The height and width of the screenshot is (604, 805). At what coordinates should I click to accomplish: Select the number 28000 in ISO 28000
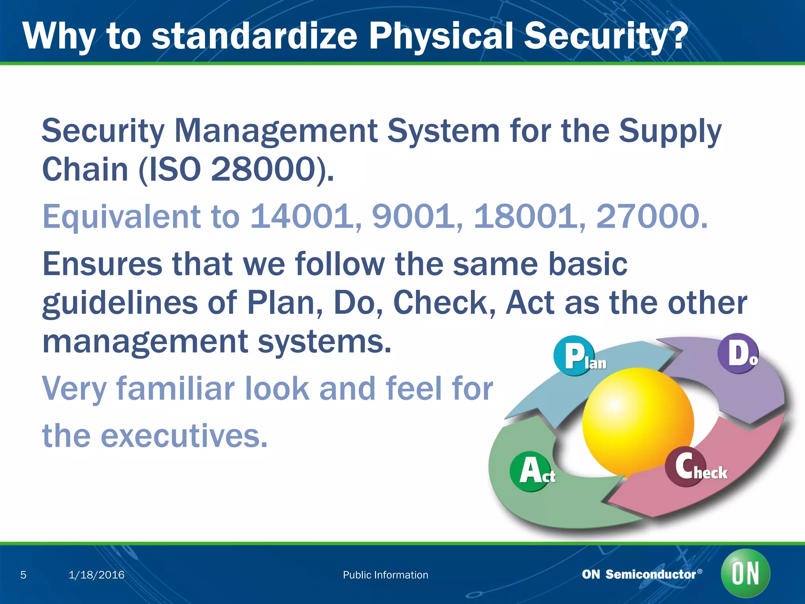coord(263,169)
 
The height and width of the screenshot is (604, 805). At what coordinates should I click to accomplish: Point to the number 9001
coord(413,216)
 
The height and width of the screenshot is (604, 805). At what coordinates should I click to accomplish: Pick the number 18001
coord(525,216)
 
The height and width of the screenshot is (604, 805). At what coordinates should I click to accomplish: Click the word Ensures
coord(102,264)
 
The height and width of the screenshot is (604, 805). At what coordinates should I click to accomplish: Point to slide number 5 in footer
coord(23,575)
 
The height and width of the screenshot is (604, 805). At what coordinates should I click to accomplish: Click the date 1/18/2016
coord(96,575)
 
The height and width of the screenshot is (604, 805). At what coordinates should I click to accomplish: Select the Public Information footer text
coord(385,575)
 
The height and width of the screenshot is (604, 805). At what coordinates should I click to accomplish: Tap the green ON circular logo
coord(745,573)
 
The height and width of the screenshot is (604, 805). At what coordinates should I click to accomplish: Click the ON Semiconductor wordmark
coord(641,574)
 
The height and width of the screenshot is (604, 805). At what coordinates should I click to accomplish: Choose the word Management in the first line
coord(275,131)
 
